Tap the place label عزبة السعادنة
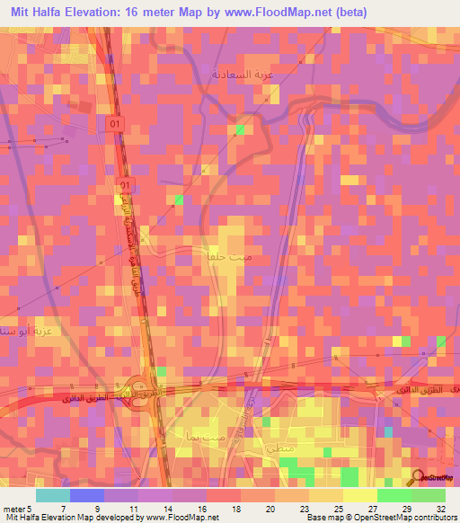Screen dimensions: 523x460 [241, 72]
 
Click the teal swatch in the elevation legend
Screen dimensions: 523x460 [53, 495]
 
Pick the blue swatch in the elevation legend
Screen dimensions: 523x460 [87, 495]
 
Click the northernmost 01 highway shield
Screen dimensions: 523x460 [113, 121]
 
